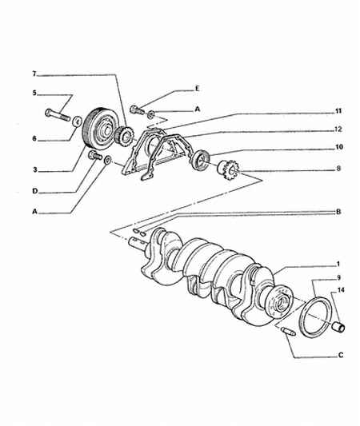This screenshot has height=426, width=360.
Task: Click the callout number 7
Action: (x=34, y=74)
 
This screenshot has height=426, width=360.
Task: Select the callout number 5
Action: (x=34, y=93)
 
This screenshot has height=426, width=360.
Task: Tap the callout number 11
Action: (x=338, y=111)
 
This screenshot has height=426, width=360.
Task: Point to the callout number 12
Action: (x=338, y=129)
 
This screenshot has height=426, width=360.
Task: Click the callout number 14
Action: (x=341, y=290)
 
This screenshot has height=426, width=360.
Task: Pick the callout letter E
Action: (x=198, y=89)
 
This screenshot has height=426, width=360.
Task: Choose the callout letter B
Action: (x=338, y=212)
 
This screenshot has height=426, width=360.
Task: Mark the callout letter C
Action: (x=341, y=355)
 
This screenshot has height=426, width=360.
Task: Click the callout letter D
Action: (x=35, y=191)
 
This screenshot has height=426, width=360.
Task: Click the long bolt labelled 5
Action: (x=58, y=115)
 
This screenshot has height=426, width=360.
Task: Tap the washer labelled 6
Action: (x=78, y=121)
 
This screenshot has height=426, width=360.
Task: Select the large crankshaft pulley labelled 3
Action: (x=98, y=129)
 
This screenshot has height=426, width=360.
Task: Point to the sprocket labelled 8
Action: (x=228, y=170)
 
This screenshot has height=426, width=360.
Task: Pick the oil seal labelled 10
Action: (x=200, y=161)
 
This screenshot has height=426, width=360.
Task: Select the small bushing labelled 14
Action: (x=338, y=326)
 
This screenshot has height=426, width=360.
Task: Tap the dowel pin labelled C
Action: (x=289, y=332)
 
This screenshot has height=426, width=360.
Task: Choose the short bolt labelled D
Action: (x=95, y=155)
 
